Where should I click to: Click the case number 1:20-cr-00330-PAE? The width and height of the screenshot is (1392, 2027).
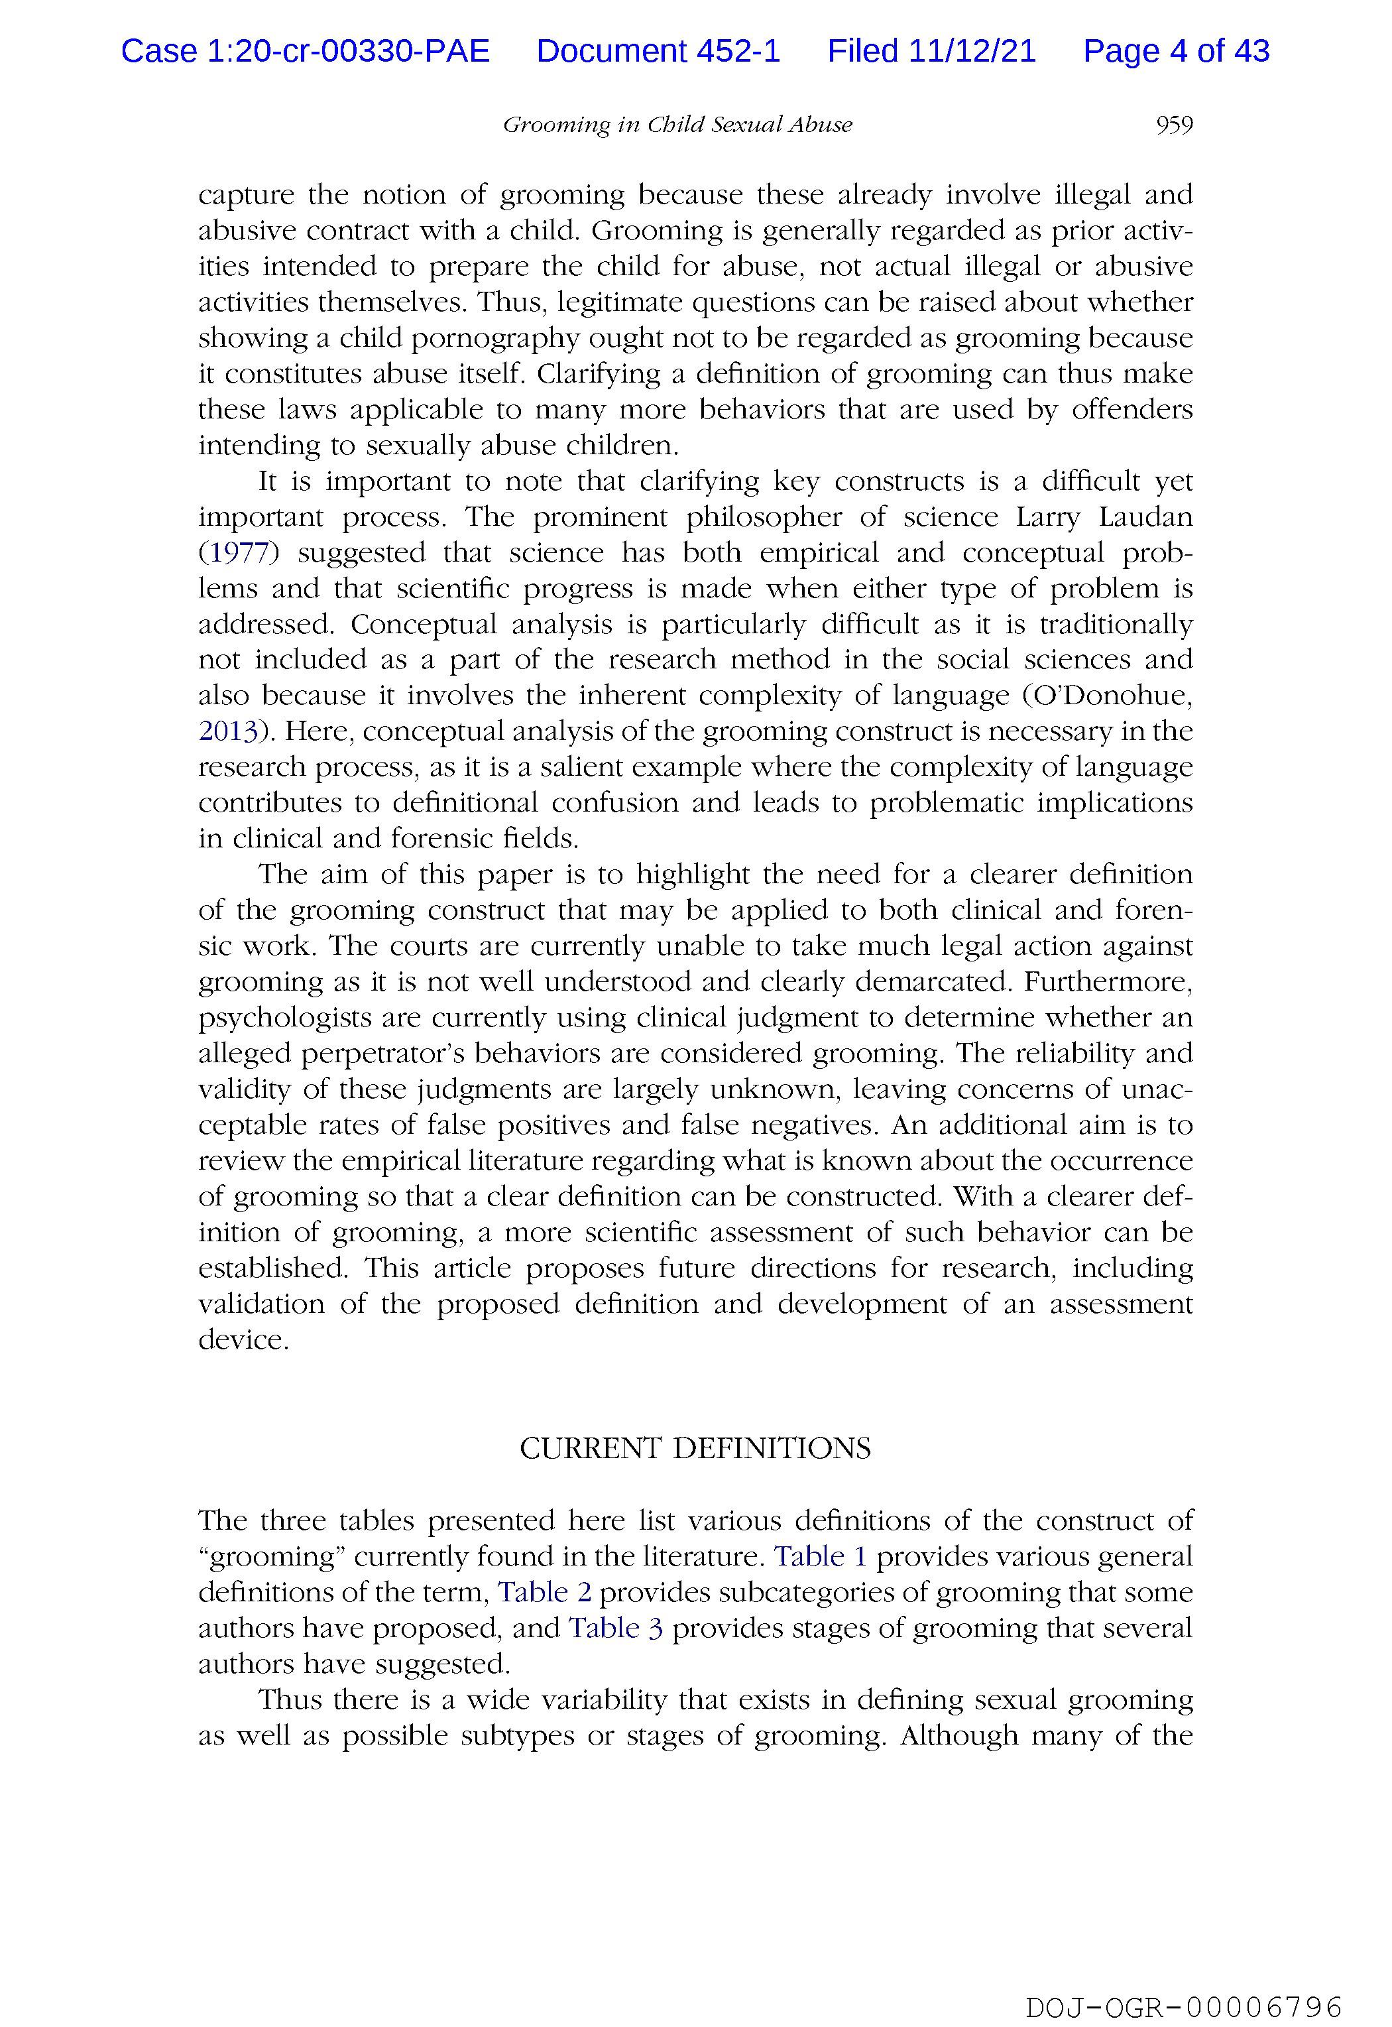click(x=306, y=52)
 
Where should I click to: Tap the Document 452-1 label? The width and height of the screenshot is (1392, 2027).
click(x=658, y=52)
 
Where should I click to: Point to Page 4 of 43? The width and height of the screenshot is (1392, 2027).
click(x=1176, y=52)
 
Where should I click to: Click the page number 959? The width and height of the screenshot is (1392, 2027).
click(x=1173, y=125)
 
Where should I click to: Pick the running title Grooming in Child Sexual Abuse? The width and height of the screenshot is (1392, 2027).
click(x=677, y=125)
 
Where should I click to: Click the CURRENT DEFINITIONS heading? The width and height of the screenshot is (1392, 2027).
click(x=695, y=1449)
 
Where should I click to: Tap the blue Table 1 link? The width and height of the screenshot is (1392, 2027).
click(x=821, y=1556)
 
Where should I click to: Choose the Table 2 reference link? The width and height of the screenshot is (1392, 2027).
click(x=544, y=1592)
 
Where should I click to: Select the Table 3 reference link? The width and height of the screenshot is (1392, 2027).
click(x=616, y=1628)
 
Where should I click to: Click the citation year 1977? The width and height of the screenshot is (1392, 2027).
click(x=233, y=553)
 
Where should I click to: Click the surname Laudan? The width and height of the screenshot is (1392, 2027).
click(x=1145, y=517)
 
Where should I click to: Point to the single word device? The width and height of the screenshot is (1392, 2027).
click(x=243, y=1339)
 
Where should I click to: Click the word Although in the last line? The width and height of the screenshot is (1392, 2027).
click(x=958, y=1736)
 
